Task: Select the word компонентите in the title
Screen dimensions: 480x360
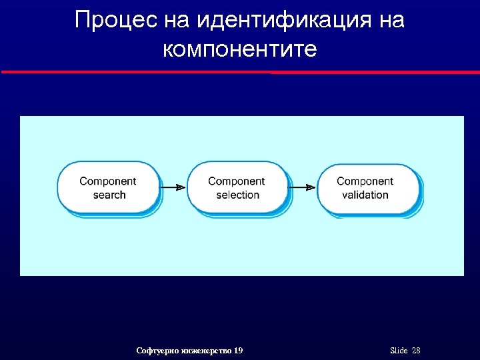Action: [x=239, y=49]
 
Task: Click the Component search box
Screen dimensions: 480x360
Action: [x=108, y=188]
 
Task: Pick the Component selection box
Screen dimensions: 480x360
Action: [x=237, y=188]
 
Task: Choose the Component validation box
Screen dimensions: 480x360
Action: [x=366, y=188]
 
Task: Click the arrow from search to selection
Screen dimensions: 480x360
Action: [x=173, y=188]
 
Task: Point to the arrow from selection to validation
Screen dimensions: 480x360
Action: [x=303, y=188]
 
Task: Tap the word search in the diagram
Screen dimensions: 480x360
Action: [x=109, y=195]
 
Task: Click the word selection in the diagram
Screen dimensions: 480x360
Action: [x=237, y=195]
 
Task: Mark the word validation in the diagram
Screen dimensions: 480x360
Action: [x=365, y=195]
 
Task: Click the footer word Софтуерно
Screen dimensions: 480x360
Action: [x=155, y=351]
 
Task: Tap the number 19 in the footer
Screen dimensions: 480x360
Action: [x=239, y=351]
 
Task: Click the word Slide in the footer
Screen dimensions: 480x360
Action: [x=398, y=351]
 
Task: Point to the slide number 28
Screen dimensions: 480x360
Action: [x=416, y=351]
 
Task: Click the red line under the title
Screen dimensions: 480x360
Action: [x=240, y=72]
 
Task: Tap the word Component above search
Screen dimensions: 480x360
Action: [x=108, y=181]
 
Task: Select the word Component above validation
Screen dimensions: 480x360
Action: [x=365, y=181]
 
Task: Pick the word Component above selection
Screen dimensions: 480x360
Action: [x=237, y=181]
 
